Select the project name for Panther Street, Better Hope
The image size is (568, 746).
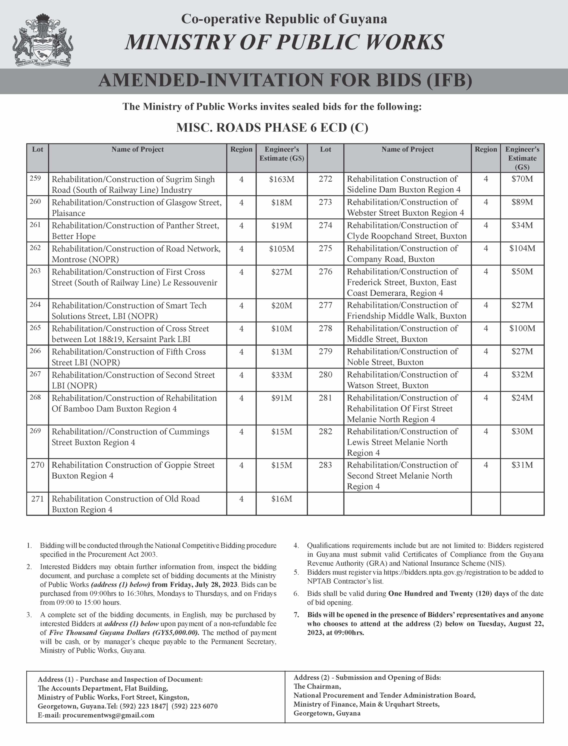click(x=135, y=231)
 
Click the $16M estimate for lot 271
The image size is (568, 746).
click(x=282, y=499)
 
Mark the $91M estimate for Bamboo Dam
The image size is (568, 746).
click(x=282, y=398)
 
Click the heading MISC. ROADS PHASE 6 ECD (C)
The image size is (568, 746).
click(x=272, y=128)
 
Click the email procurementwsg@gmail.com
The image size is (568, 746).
click(x=108, y=715)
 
